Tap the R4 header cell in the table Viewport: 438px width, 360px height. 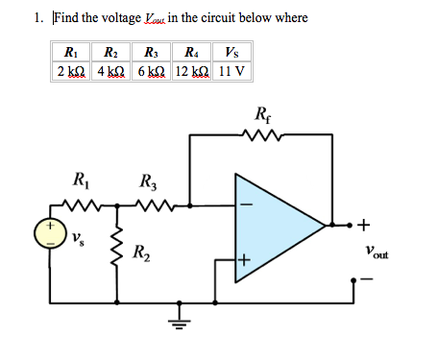pyautogui.click(x=191, y=52)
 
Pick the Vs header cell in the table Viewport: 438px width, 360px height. pyautogui.click(x=231, y=52)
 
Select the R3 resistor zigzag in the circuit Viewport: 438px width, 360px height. pyautogui.click(x=151, y=204)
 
